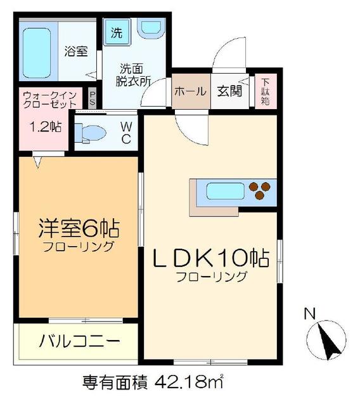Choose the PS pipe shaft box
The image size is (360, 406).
pos(93,98)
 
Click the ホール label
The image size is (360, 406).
pos(190,91)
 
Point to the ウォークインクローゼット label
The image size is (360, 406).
pos(49,100)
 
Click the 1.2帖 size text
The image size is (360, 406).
pos(46,126)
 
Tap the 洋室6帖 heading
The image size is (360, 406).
pos(78,229)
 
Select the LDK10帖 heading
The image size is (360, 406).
pos(209,258)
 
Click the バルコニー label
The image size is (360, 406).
pos(79,341)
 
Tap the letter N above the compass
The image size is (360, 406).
pos(310,313)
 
